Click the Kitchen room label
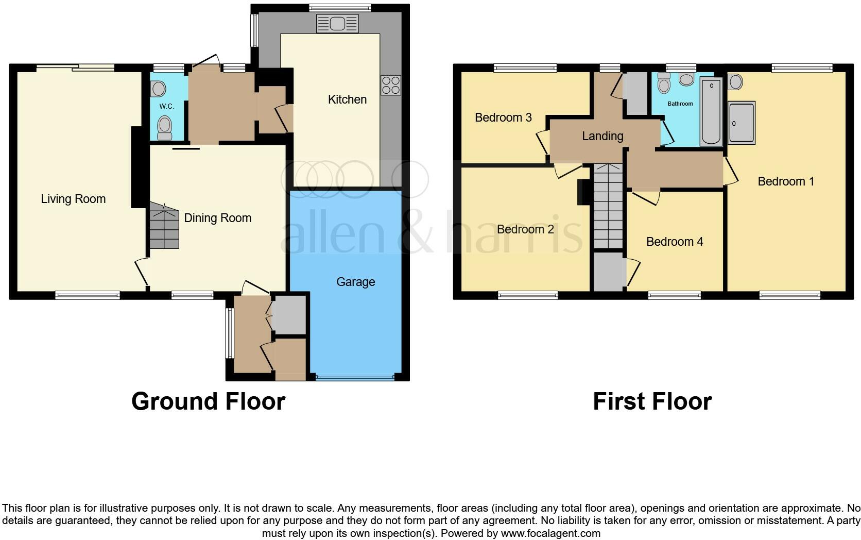pos(347,99)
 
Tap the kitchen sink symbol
pos(337,24)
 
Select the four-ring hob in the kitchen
pos(390,85)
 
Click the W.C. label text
pos(166,107)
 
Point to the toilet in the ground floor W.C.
pos(165,127)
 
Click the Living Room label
pos(73,199)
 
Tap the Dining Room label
pos(217,218)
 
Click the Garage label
pos(355,282)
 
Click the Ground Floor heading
pos(208,401)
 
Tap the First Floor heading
pos(652,401)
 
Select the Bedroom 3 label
pos(503,117)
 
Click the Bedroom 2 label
pos(525,229)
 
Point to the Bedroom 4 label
pos(674,242)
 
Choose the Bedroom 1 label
pos(785,181)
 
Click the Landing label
pos(602,136)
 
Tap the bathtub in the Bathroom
pos(712,111)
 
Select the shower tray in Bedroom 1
pos(742,122)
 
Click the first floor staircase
pos(608,206)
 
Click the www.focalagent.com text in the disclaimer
pos(550,533)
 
